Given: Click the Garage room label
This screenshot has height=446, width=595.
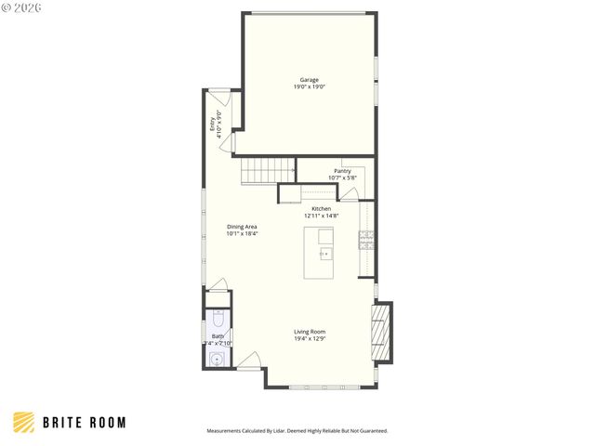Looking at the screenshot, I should (310, 79).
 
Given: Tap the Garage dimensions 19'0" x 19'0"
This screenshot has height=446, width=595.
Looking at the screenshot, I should (310, 86).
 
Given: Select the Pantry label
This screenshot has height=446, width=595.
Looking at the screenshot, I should (342, 171).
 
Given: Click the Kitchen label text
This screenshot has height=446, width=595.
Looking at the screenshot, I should (321, 209).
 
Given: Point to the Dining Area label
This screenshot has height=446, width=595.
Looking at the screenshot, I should (242, 227).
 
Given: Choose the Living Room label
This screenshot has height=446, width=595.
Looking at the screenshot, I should (310, 332).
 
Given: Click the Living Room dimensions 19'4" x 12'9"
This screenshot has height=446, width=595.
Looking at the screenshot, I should (310, 339).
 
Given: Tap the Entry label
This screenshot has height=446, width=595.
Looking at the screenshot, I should (212, 121).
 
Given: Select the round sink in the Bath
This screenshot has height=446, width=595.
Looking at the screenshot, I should (217, 358).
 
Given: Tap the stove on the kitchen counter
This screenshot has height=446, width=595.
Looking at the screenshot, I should (366, 241).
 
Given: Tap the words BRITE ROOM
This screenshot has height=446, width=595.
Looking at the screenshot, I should (84, 423).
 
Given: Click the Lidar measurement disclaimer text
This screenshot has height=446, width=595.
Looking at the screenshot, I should (297, 431).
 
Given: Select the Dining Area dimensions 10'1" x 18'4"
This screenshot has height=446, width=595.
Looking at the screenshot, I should (242, 234).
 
